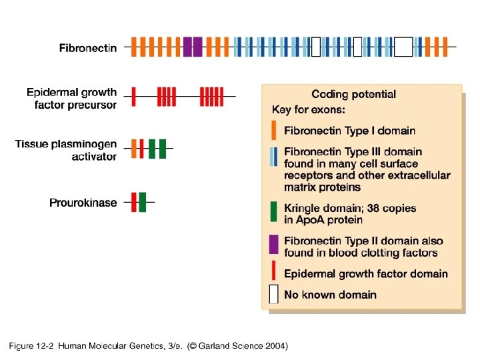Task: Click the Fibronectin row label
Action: click(87, 47)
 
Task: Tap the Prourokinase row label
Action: click(83, 202)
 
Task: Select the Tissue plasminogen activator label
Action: click(66, 150)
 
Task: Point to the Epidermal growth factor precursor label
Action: click(71, 98)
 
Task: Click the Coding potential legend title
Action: click(353, 94)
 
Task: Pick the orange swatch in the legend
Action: click(274, 131)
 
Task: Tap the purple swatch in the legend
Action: click(273, 244)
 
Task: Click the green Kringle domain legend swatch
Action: click(274, 211)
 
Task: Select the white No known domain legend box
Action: click(274, 295)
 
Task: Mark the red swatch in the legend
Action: click(274, 271)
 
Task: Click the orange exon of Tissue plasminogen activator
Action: click(134, 148)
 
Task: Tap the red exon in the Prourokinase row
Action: click(134, 201)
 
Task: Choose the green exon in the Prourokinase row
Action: click(143, 201)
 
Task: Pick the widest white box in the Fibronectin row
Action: click(403, 47)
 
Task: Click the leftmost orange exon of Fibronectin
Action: click(134, 47)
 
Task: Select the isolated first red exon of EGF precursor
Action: click(134, 97)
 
